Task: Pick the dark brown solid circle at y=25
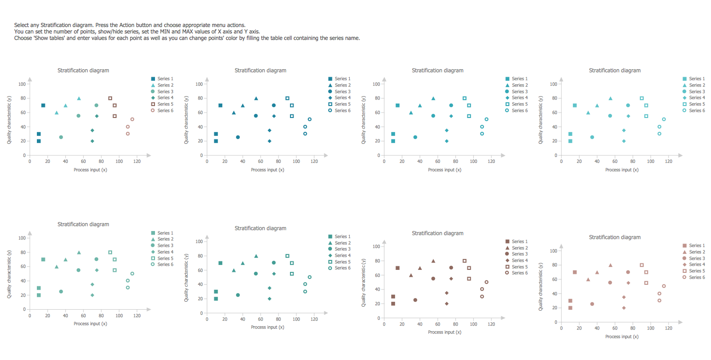pos(415,300)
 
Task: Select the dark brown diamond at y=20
pos(446,304)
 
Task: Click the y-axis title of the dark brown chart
pos(364,282)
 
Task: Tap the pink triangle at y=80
pos(610,265)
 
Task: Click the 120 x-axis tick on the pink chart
pos(669,328)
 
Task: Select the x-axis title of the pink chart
pos(622,337)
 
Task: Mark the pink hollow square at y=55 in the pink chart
pos(646,283)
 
